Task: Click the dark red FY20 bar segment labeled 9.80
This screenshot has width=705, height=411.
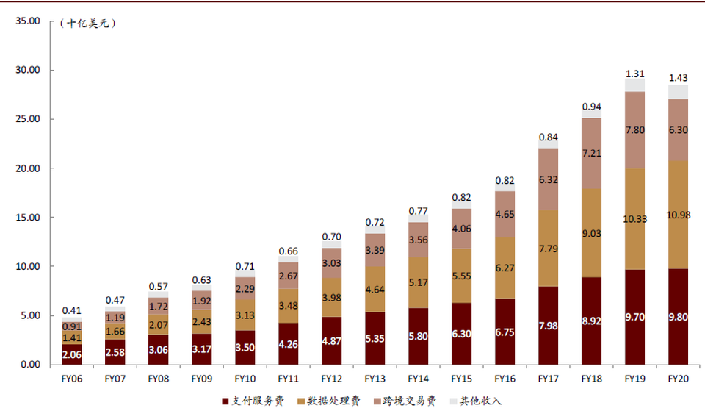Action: [x=678, y=318]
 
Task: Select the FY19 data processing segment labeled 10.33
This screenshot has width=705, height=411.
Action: [x=634, y=218]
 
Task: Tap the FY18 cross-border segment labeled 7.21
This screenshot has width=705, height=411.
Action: [x=591, y=154]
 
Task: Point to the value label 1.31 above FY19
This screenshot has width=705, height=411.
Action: [x=634, y=74]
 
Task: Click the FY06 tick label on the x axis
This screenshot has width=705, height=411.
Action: [x=72, y=379]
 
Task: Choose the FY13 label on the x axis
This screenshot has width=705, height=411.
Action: [x=375, y=379]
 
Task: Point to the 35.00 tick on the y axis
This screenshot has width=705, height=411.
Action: [x=26, y=21]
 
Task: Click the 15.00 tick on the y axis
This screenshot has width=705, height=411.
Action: [x=26, y=218]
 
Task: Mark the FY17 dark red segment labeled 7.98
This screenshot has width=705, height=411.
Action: [x=548, y=326]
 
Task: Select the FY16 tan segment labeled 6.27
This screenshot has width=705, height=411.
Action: [x=505, y=268]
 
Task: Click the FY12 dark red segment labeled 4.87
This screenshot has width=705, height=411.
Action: [x=332, y=341]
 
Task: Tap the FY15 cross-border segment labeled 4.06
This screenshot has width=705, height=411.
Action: [x=461, y=229]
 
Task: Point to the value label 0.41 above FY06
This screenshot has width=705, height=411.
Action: [x=71, y=311]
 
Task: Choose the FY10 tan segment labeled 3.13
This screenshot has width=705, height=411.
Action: [x=245, y=315]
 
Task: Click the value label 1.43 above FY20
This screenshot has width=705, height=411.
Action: [x=678, y=78]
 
